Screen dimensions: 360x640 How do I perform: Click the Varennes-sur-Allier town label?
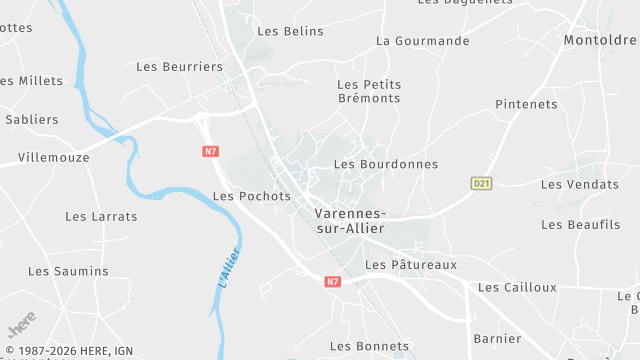[349, 221]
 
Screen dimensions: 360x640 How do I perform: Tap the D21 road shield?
[482, 183]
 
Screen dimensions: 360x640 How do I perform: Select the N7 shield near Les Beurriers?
[209, 151]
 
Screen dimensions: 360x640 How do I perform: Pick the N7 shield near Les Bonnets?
[333, 282]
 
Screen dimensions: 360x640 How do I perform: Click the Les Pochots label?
[252, 196]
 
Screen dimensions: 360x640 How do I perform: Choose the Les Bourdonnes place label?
[386, 164]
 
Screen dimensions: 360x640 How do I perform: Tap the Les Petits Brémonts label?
[369, 91]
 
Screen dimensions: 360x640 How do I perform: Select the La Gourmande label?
[423, 41]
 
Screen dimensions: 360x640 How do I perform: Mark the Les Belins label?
[291, 31]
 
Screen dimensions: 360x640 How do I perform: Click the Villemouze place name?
[54, 157]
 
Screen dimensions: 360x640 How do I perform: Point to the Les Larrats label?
[101, 216]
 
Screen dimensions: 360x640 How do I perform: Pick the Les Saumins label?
[68, 271]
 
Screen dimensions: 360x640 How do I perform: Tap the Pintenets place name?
[526, 104]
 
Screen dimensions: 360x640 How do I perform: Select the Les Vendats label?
[580, 184]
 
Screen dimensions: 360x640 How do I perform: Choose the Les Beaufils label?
[581, 224]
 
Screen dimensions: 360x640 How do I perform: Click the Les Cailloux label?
[517, 287]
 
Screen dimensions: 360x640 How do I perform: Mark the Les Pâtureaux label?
[411, 265]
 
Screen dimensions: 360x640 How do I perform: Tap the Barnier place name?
[497, 338]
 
